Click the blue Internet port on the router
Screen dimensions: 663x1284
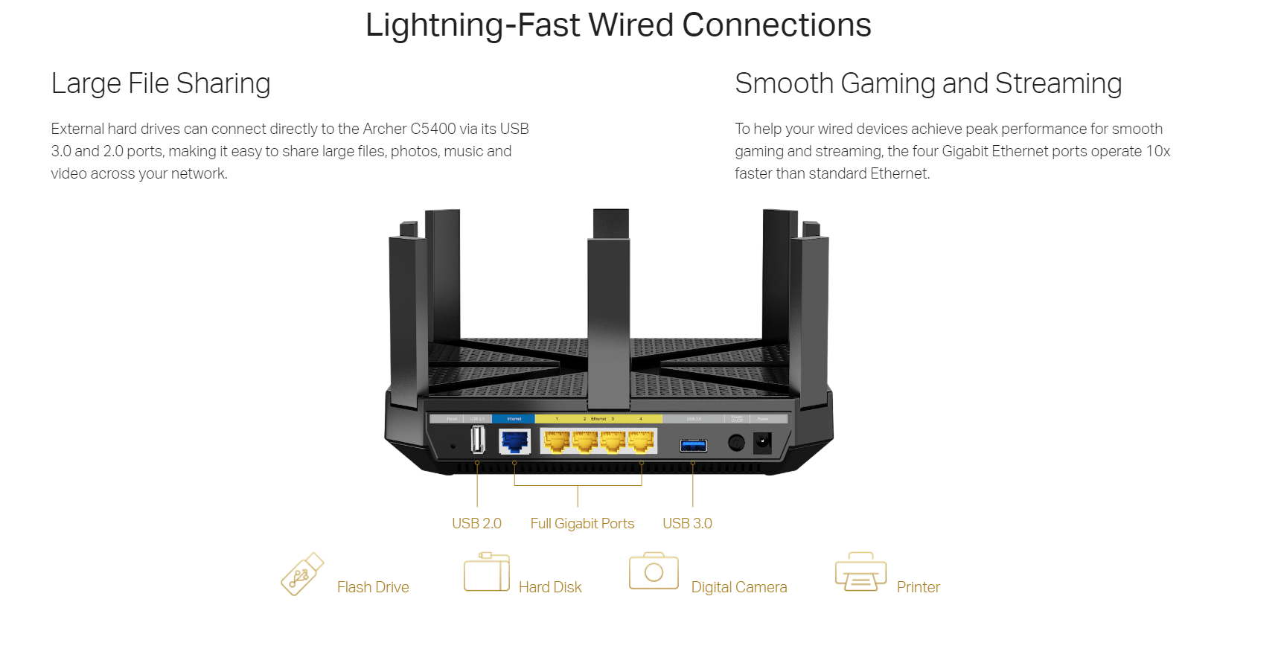(514, 441)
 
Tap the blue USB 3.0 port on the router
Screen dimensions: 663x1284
(693, 445)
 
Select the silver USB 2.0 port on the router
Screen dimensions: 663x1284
(477, 440)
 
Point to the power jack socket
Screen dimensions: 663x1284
(762, 443)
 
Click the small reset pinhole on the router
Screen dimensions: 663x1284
(453, 446)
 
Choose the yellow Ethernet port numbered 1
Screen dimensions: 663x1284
(556, 441)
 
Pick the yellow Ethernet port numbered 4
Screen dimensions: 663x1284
(641, 441)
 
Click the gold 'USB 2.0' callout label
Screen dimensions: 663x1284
(476, 523)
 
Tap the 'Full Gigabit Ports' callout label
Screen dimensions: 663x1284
(582, 523)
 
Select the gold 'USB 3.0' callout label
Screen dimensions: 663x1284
(687, 523)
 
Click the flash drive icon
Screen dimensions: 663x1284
(302, 574)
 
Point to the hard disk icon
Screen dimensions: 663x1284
(487, 572)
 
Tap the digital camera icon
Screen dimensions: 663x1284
(654, 571)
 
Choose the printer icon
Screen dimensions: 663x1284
(860, 572)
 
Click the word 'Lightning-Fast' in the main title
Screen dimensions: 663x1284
(472, 25)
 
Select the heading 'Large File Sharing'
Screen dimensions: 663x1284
(161, 83)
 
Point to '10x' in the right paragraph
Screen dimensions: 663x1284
(1157, 151)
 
